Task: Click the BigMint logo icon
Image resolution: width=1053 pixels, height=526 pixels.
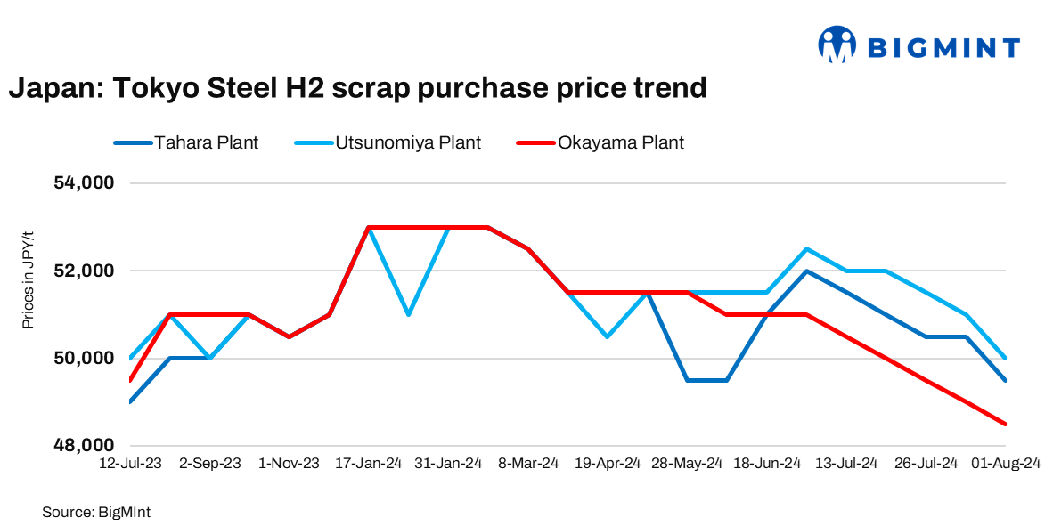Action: coord(837,45)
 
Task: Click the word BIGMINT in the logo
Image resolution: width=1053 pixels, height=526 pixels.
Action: coord(943,46)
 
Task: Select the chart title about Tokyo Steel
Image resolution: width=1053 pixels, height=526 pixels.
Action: coord(357,88)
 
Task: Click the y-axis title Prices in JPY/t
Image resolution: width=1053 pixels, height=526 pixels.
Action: coord(29,276)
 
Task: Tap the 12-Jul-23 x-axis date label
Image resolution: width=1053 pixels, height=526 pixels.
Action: coord(132,464)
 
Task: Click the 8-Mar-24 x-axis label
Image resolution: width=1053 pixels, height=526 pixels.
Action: coord(529,464)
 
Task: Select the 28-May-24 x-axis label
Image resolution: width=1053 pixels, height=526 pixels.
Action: coord(687,464)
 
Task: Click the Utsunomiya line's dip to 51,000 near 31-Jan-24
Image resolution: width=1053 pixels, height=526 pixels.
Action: coord(408,314)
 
